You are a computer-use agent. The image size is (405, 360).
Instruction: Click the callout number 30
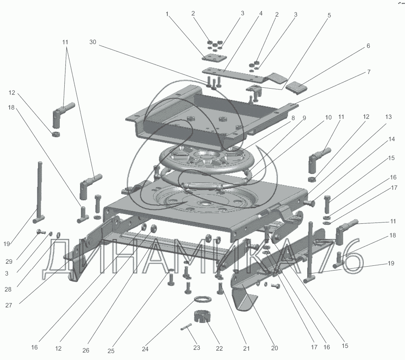click(x=93, y=42)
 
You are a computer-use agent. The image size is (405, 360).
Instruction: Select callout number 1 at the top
click(x=167, y=14)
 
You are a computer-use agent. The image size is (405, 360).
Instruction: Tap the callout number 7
click(x=369, y=72)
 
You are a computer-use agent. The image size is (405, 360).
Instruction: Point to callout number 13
click(x=388, y=117)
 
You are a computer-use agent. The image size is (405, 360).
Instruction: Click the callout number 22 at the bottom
click(x=219, y=348)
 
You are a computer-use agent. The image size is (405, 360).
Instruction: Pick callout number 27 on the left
click(x=9, y=305)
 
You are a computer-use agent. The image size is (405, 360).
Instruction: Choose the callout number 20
click(x=274, y=348)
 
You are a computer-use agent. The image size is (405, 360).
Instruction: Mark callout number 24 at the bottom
click(x=145, y=349)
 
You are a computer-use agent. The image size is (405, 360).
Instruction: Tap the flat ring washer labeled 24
click(x=203, y=299)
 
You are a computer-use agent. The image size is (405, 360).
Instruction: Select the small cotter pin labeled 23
click(x=186, y=327)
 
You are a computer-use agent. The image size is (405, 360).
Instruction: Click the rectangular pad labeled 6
click(x=297, y=87)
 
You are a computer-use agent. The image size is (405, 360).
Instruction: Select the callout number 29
click(x=9, y=262)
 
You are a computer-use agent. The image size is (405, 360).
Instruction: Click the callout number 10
click(x=328, y=118)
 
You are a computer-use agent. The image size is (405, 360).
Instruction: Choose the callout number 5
click(x=329, y=15)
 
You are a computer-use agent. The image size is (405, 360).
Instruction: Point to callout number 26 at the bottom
click(x=86, y=350)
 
